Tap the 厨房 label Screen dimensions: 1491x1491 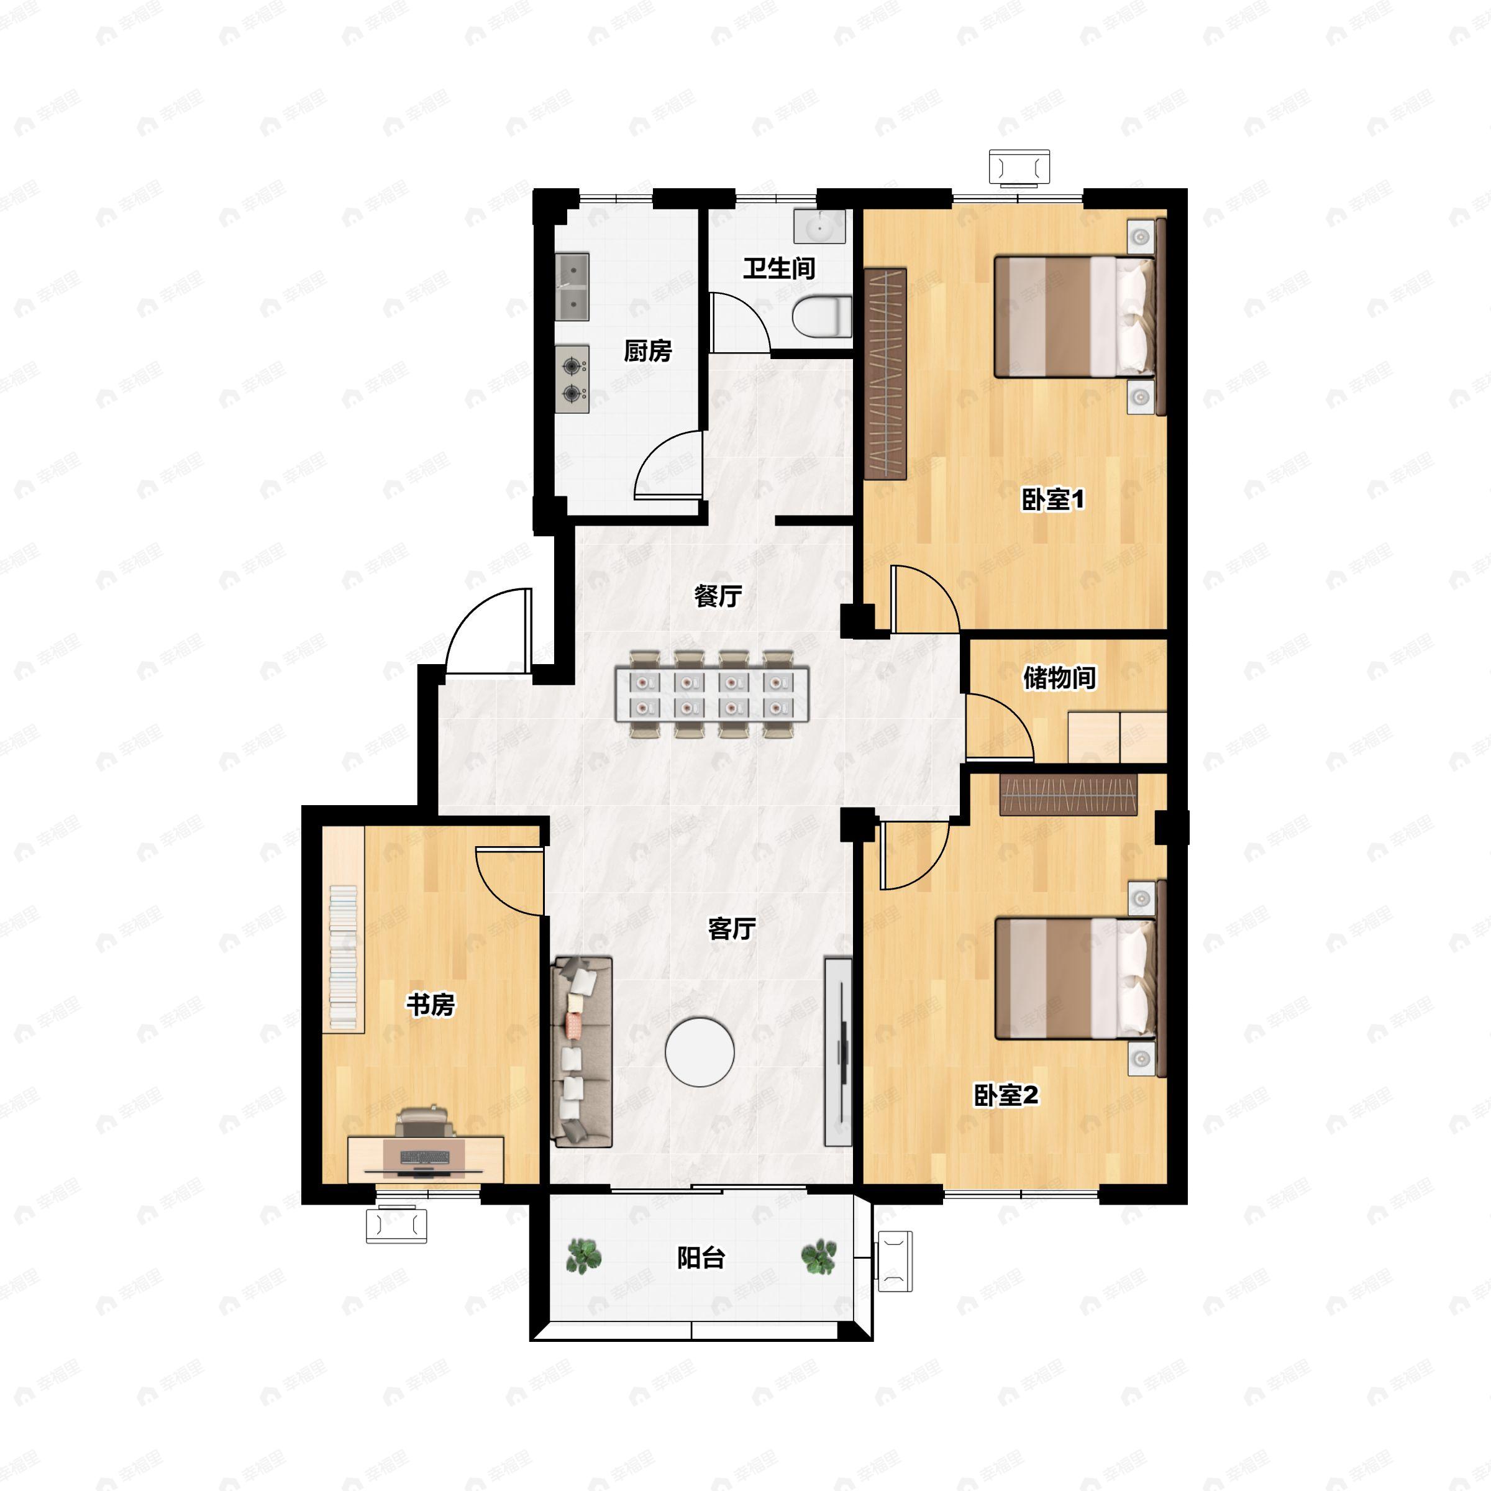(647, 351)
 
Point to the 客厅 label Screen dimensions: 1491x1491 (732, 928)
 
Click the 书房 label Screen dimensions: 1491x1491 (431, 1004)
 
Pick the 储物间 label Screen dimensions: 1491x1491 (1060, 678)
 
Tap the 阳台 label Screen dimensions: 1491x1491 (701, 1258)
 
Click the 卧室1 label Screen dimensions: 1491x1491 (1052, 499)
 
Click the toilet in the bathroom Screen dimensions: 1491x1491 (822, 317)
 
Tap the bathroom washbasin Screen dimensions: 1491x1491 (819, 227)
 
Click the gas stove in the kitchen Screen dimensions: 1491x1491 (572, 379)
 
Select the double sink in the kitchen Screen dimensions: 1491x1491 (572, 287)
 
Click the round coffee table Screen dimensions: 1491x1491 (700, 1051)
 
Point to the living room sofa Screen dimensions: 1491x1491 (582, 1051)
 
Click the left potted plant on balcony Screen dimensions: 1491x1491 (584, 1256)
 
